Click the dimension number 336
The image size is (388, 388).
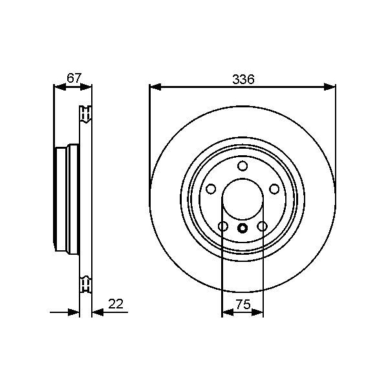(x=243, y=80)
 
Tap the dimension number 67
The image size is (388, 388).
(x=74, y=78)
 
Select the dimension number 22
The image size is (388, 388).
(x=116, y=304)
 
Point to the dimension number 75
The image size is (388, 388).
(x=243, y=304)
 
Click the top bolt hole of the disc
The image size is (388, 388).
(x=242, y=166)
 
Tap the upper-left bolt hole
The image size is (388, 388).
(x=211, y=189)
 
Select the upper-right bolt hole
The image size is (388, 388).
(x=274, y=189)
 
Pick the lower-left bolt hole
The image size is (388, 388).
(x=223, y=226)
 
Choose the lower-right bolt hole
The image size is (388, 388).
(x=262, y=226)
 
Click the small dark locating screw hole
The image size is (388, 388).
(x=242, y=228)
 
